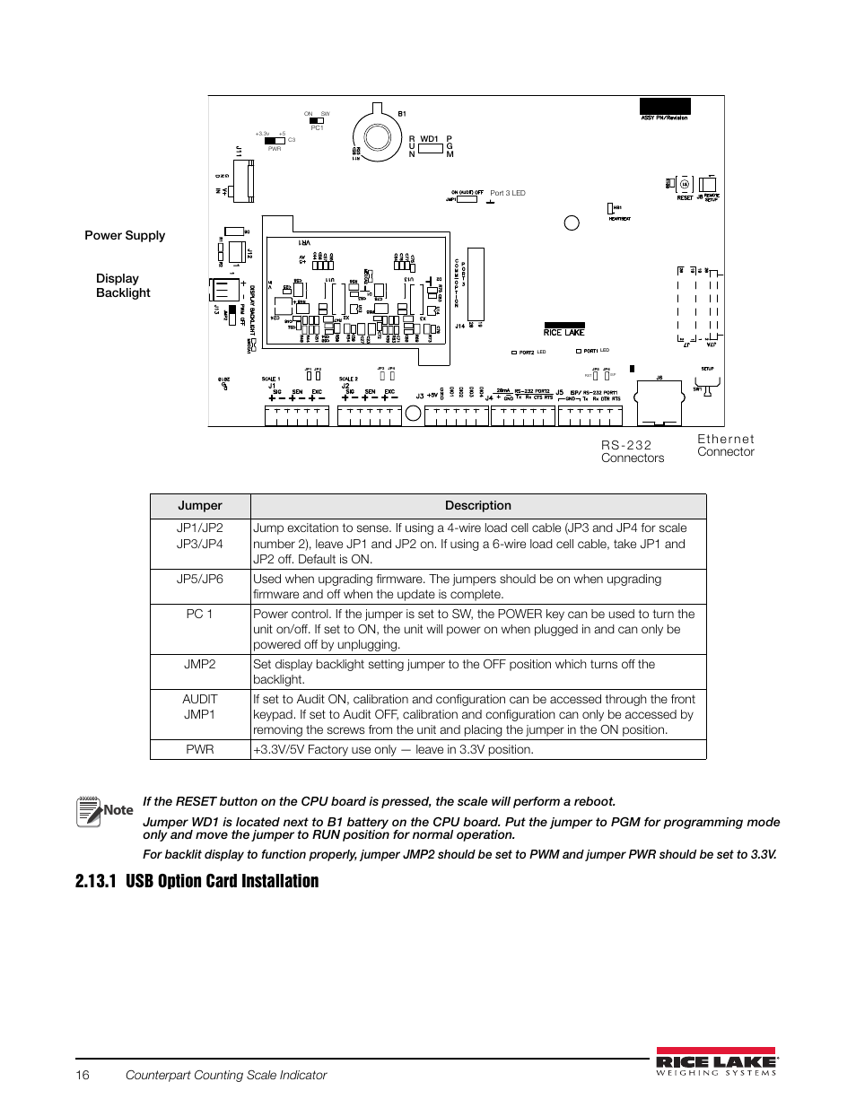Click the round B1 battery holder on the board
377,136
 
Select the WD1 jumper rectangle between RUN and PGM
431,148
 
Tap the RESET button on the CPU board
684,185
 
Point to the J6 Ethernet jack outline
659,403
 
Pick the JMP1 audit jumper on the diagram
466,199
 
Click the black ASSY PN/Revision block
665,106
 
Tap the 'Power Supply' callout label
125,235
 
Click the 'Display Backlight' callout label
123,285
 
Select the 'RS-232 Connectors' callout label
633,451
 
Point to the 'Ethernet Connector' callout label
726,445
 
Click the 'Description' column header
477,506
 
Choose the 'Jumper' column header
199,506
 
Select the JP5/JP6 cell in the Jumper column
199,579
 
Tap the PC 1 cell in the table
199,614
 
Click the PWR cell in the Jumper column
199,749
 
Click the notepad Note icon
89,811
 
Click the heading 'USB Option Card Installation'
222,881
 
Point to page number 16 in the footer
83,1075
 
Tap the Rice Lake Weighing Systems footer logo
716,1061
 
